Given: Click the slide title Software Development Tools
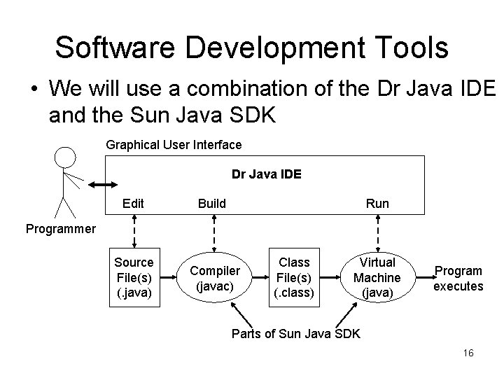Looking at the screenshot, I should pyautogui.click(x=251, y=47).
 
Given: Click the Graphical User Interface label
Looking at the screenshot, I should pyautogui.click(x=174, y=145).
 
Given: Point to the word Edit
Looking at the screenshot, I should pyautogui.click(x=133, y=204).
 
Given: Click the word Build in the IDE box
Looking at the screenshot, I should pyautogui.click(x=212, y=204).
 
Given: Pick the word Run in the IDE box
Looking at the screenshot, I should pyautogui.click(x=377, y=204).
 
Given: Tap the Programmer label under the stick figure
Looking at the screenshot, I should pyautogui.click(x=60, y=228).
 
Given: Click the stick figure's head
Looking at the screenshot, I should pyautogui.click(x=65, y=157).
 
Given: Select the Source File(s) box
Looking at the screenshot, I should pyautogui.click(x=134, y=276).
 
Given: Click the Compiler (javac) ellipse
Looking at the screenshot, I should pyautogui.click(x=215, y=278).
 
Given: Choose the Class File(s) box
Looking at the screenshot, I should pyautogui.click(x=295, y=276).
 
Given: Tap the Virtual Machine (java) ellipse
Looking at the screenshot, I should pyautogui.click(x=377, y=277).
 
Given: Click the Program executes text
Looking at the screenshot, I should pyautogui.click(x=458, y=278).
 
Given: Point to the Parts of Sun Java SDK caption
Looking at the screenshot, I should pyautogui.click(x=295, y=334).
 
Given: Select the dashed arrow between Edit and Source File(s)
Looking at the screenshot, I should pyautogui.click(x=134, y=230).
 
